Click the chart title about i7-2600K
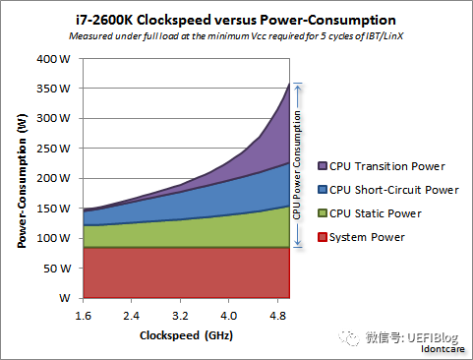(236, 19)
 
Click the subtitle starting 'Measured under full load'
(236, 35)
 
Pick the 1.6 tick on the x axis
(84, 315)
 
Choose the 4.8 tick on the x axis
(279, 315)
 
